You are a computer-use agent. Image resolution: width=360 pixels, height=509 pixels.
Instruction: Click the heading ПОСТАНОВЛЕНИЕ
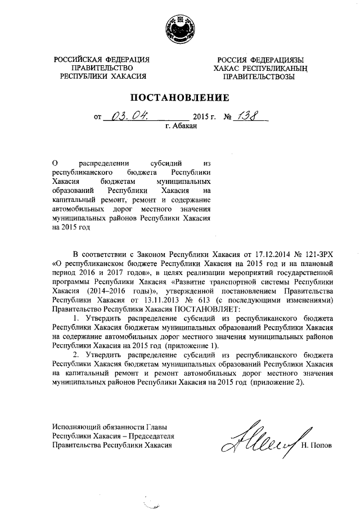(180, 98)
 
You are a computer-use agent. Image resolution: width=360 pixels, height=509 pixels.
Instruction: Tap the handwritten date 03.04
(129, 117)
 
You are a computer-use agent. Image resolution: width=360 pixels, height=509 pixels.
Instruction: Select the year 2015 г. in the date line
(204, 118)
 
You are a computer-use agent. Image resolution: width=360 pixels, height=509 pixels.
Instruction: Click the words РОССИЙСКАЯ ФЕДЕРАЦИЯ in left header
(102, 59)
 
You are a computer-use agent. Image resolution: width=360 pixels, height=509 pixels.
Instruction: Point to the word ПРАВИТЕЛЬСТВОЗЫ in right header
(258, 77)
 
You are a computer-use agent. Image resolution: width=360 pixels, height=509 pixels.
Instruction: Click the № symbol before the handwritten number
(228, 118)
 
